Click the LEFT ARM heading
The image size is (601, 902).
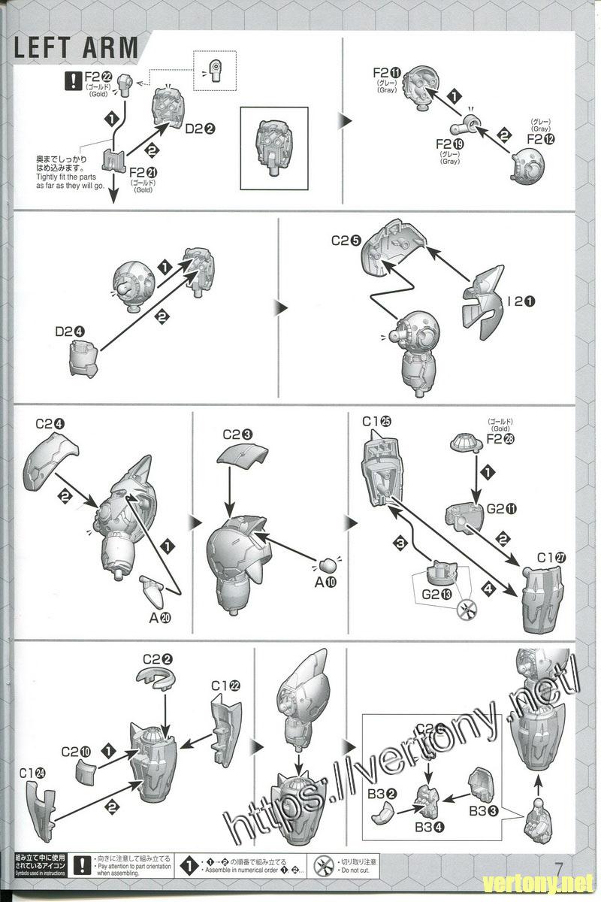(76, 47)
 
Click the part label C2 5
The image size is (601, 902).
(346, 242)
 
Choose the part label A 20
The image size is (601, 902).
(160, 618)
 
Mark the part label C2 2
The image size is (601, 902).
(158, 659)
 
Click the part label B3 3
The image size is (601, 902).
(484, 810)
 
